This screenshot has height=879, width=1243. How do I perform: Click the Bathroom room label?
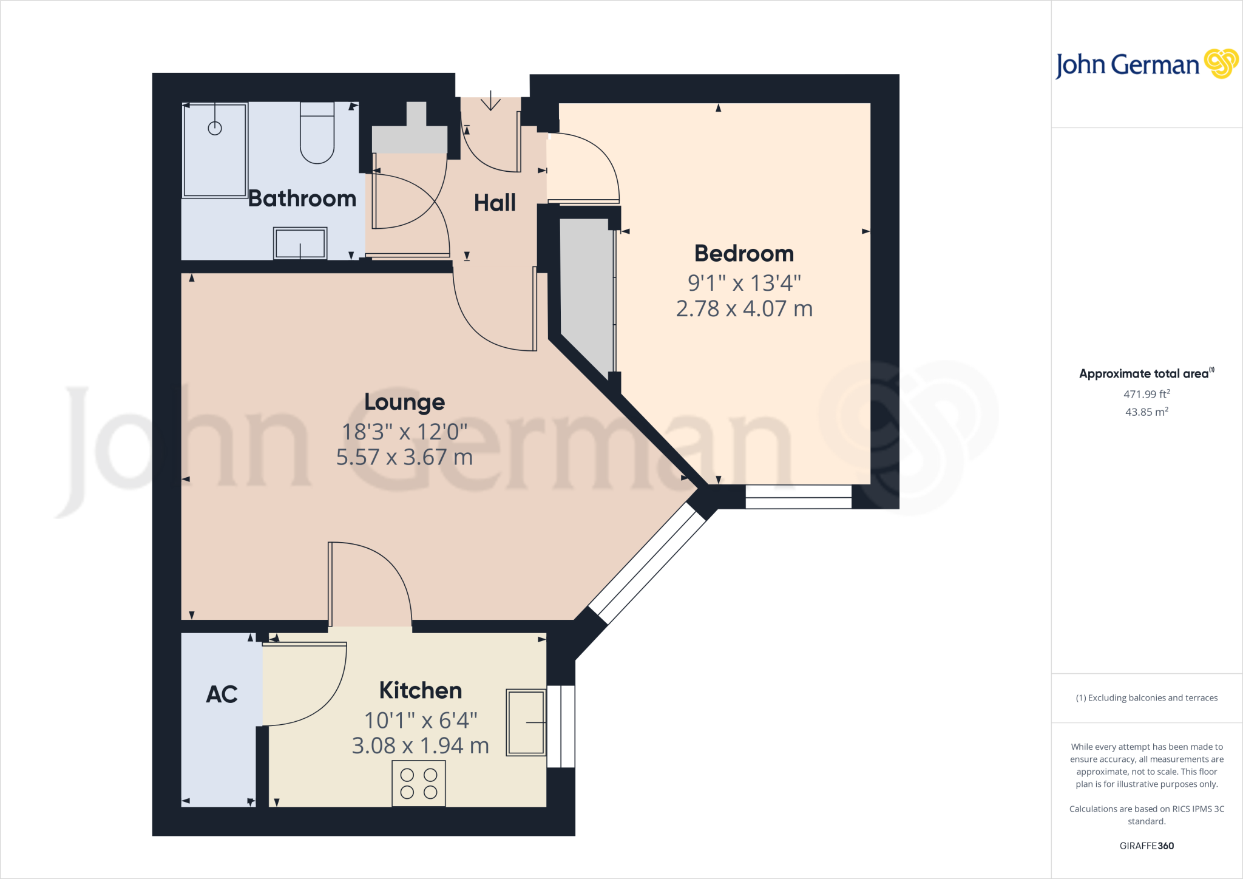coord(302,199)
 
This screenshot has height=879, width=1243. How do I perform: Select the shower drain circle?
coord(215,128)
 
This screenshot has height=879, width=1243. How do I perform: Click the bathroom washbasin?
coord(300,243)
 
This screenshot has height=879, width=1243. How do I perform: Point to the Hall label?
coord(495,203)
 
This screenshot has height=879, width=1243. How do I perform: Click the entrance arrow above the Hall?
coord(490,101)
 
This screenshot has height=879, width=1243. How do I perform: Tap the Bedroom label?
coord(744,254)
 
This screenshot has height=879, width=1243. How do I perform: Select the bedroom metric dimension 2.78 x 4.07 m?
coord(744,309)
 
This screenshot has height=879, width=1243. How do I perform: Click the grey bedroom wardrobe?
coord(586,291)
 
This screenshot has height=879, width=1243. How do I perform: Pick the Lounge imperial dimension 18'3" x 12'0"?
coord(405,432)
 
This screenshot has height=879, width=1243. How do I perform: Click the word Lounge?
coord(405,402)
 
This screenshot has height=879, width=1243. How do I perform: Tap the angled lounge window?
coord(647,563)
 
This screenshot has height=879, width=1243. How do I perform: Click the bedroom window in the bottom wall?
coord(798,497)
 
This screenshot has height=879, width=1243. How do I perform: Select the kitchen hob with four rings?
coord(419,784)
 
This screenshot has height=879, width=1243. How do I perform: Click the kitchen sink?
coord(526,722)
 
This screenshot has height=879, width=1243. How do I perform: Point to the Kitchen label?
coord(421,691)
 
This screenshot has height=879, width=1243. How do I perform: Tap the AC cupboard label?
coord(222,694)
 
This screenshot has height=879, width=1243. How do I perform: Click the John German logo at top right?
coord(1146,64)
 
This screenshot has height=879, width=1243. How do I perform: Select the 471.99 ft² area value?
coord(1146,394)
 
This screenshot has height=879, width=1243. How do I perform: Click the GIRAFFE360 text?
coord(1146,846)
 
